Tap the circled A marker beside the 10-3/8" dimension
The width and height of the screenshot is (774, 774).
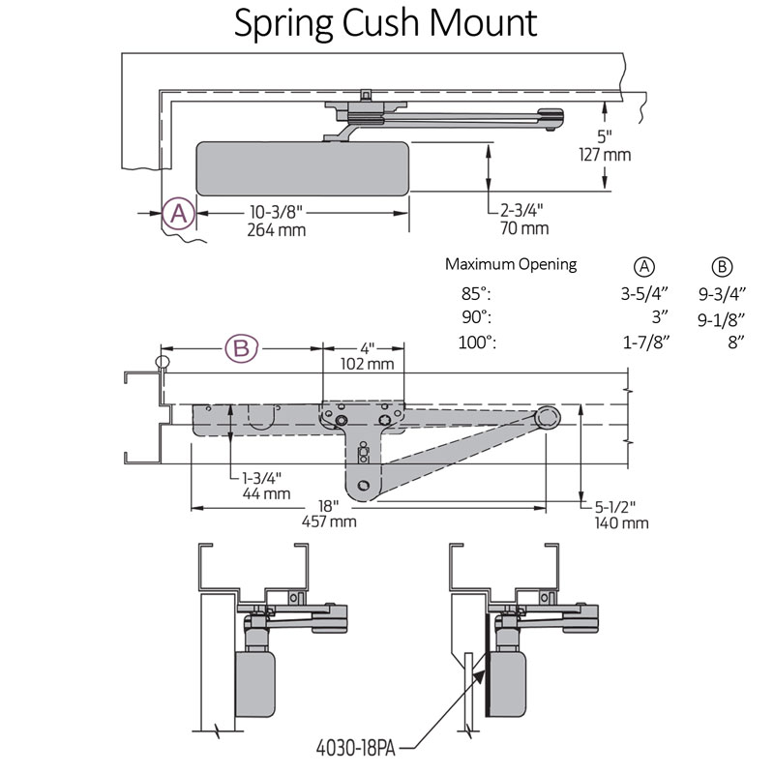point(179,214)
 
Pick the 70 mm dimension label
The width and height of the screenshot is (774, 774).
point(524,228)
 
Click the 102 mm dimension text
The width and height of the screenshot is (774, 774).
point(367,364)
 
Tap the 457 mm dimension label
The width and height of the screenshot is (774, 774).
point(328,521)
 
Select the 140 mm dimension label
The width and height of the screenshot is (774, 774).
point(621,522)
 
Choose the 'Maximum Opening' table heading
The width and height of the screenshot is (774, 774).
point(510,264)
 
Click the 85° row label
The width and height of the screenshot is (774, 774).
point(477,294)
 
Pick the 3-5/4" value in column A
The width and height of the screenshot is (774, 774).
point(643,294)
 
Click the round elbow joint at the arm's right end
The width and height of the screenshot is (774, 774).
point(548,418)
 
